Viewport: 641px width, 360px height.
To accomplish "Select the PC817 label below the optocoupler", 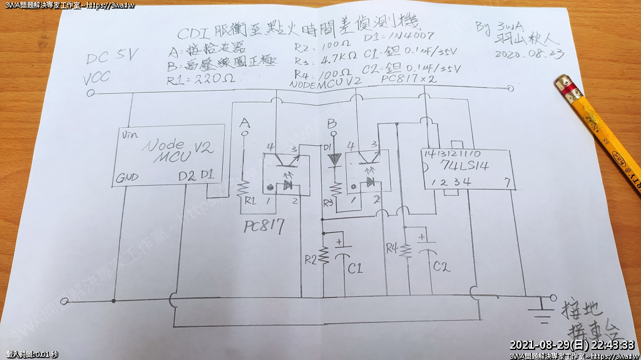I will pyautogui.click(x=264, y=226).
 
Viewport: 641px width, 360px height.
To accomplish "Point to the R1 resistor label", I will pyautogui.click(x=250, y=201).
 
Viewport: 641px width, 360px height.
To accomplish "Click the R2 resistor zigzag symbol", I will pyautogui.click(x=324, y=255).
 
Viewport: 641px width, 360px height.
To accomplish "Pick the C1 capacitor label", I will pyautogui.click(x=355, y=269).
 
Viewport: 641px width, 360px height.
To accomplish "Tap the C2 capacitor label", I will pyautogui.click(x=441, y=266).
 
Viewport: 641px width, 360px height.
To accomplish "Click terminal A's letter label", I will pyautogui.click(x=245, y=121).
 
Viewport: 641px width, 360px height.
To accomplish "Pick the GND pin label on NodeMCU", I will pyautogui.click(x=126, y=179).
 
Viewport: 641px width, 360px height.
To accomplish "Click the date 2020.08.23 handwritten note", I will pyautogui.click(x=528, y=54).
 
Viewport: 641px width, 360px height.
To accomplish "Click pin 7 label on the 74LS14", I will pyautogui.click(x=509, y=183).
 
